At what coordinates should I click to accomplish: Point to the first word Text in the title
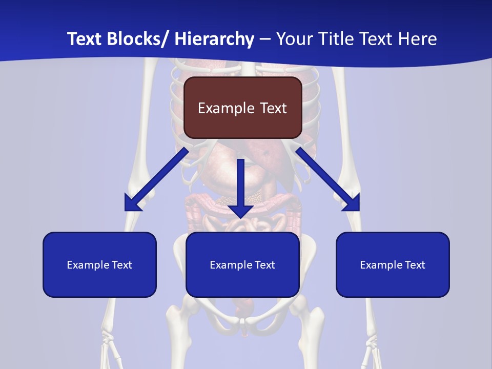[x=85, y=39]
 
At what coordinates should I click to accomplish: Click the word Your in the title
[x=294, y=39]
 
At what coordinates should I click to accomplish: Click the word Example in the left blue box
[x=88, y=265]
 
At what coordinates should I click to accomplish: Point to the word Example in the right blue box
[x=381, y=265]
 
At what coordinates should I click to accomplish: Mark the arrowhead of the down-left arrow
[x=132, y=203]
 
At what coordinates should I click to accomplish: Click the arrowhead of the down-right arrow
[x=352, y=203]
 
